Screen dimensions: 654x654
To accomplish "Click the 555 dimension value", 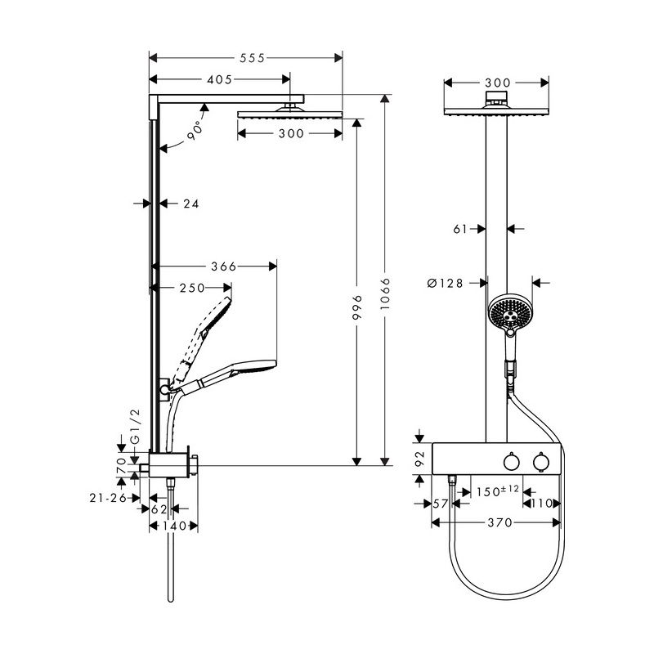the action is (x=252, y=58).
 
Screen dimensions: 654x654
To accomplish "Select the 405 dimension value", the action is (x=219, y=79).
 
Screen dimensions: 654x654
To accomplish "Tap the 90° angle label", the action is (x=195, y=131).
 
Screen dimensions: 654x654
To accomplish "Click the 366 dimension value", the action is (x=223, y=267).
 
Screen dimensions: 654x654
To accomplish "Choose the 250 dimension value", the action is (x=192, y=288).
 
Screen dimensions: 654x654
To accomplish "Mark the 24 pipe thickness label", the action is (x=191, y=204).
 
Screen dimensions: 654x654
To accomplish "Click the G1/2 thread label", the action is (x=136, y=427).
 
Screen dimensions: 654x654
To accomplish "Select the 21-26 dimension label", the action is (x=108, y=498).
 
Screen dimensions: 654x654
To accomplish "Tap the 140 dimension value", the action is (x=174, y=526).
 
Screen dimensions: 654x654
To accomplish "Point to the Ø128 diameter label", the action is (x=445, y=283).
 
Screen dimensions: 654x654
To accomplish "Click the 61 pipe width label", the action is (x=460, y=229).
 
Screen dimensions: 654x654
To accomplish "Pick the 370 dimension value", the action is (x=499, y=522).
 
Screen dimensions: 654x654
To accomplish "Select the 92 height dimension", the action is (x=420, y=459).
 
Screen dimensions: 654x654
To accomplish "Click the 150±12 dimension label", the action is (x=498, y=490).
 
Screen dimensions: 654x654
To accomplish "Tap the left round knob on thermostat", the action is (x=512, y=462).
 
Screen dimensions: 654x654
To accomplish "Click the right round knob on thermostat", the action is (x=541, y=461).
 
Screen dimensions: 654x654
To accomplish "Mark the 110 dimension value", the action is (x=541, y=504).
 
